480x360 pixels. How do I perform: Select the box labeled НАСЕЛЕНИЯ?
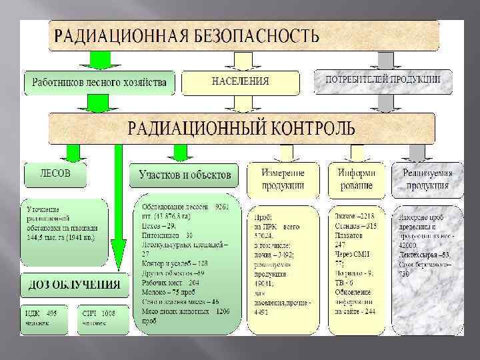coord(240,81)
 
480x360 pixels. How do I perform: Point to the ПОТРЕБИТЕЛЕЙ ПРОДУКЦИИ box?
coord(383,81)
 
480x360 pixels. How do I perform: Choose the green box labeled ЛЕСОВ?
coord(55,174)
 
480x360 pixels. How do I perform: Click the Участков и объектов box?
coord(185,175)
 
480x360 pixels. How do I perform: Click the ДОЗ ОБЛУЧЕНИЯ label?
coord(74,285)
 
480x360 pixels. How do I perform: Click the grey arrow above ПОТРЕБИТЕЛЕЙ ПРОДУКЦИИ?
coord(385,60)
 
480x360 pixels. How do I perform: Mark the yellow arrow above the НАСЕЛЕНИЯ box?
coord(241,61)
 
